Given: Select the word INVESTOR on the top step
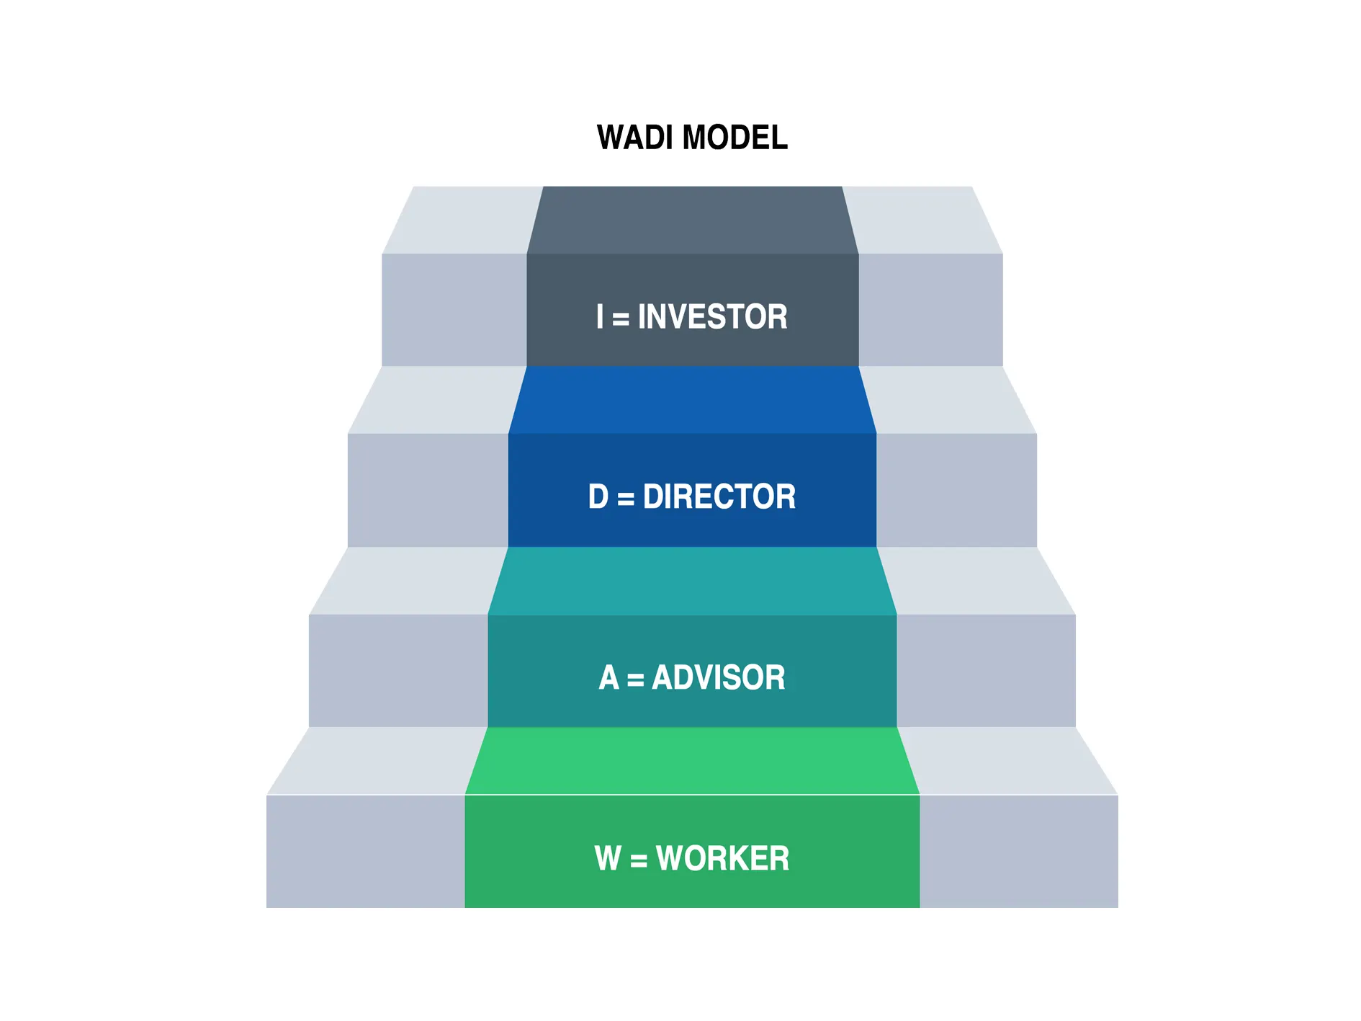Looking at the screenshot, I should [x=712, y=317].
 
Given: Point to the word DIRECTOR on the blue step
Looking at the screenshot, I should [x=719, y=496].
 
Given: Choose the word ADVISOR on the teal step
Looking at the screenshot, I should [x=718, y=677].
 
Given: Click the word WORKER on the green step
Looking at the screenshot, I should [x=722, y=858].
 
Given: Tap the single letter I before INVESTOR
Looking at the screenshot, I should [x=600, y=317].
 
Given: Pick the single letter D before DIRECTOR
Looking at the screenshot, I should [x=598, y=496].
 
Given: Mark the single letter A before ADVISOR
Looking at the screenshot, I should [x=608, y=677].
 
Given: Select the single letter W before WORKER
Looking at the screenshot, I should [x=608, y=858].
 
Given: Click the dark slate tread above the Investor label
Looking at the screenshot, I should [x=692, y=220].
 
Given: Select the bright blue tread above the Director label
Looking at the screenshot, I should [x=692, y=400].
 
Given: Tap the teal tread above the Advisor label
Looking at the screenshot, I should [x=692, y=581].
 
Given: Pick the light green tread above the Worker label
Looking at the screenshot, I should [x=692, y=761].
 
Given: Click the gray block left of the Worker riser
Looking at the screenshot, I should [x=365, y=851].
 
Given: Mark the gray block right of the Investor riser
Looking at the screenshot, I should [x=930, y=310].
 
